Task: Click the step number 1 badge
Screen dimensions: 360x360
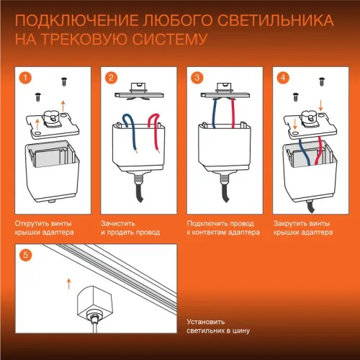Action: click(26, 77)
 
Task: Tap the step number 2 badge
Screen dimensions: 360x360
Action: click(112, 77)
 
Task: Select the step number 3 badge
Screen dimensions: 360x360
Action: click(197, 77)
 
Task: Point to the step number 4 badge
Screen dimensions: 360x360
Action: click(282, 77)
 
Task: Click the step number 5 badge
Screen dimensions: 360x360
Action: click(26, 254)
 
